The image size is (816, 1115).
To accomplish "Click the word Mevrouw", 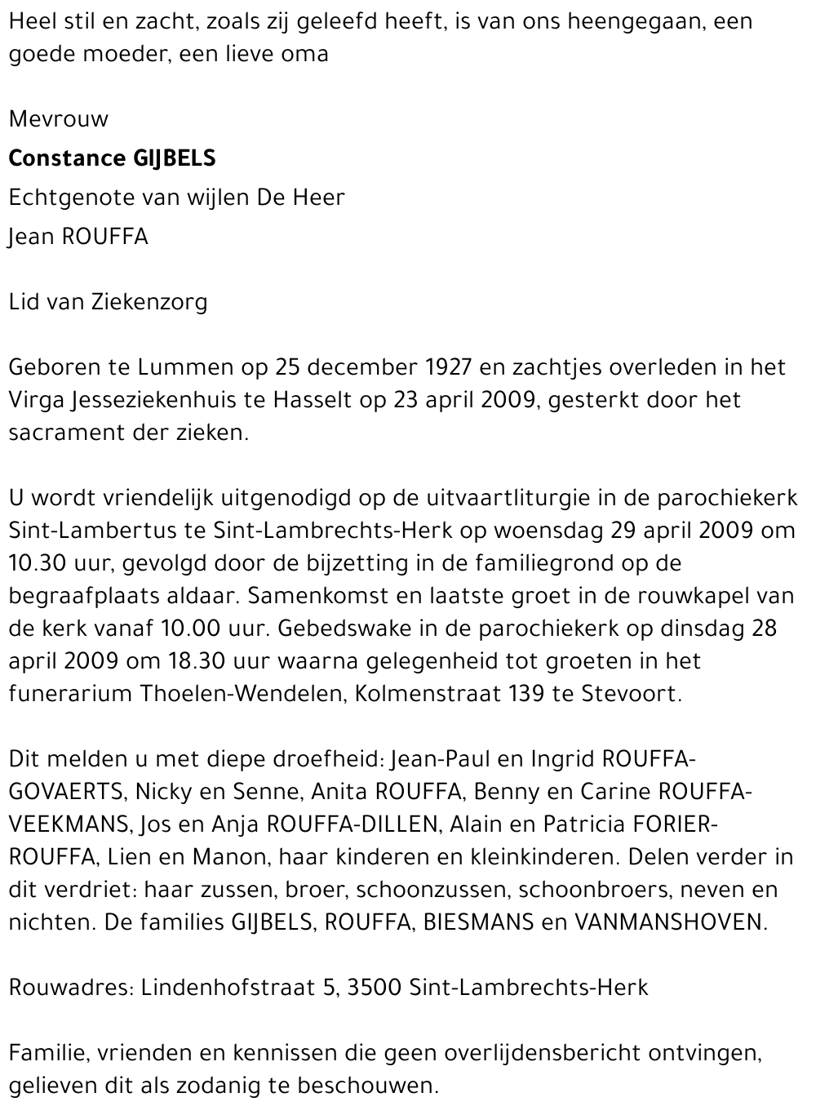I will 58,119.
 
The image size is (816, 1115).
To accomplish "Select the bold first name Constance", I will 66,158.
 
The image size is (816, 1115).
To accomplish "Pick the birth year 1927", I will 442,367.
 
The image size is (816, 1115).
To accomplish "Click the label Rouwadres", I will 67,988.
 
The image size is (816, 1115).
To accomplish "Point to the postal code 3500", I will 374,988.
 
